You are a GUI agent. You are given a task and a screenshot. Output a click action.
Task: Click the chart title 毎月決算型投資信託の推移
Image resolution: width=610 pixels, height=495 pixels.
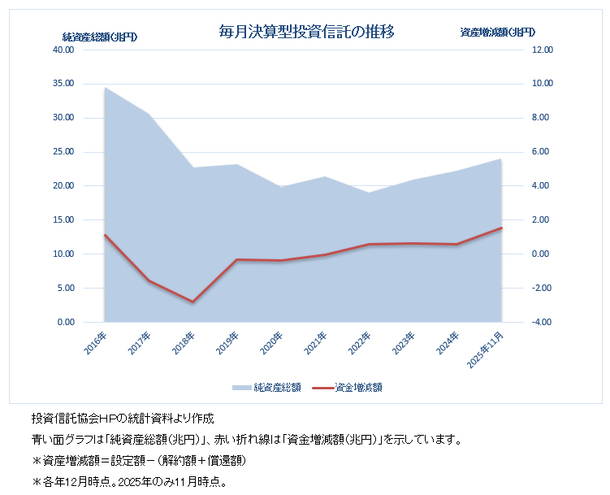coord(307,32)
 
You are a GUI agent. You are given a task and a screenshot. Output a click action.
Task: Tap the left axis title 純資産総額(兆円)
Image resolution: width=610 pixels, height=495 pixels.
coord(99,36)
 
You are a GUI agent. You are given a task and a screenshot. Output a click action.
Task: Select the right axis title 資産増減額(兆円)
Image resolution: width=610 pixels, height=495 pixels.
coord(497,33)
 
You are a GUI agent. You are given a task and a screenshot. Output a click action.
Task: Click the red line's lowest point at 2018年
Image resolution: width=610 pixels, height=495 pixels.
coord(193,302)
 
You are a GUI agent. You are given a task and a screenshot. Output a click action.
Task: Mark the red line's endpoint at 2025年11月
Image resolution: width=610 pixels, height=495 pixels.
coord(501,228)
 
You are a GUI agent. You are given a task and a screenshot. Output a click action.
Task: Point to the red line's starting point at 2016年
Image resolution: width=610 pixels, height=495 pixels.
coord(105,235)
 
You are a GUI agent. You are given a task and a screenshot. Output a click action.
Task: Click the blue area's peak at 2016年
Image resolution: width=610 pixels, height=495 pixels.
coord(105,87)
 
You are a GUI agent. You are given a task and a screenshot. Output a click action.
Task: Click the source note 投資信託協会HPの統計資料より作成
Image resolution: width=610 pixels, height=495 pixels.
coord(122,419)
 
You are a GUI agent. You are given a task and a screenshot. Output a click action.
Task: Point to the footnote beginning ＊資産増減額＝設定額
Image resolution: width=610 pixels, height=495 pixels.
coord(138,461)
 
